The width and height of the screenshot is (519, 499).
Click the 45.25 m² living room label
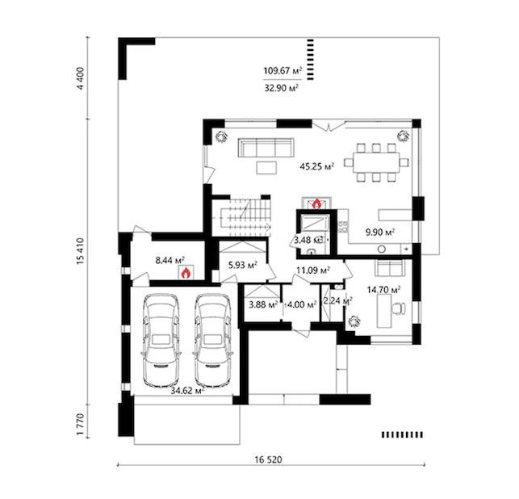tap(316, 166)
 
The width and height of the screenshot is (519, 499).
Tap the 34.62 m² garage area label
tap(187, 391)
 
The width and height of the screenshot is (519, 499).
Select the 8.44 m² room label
tap(170, 260)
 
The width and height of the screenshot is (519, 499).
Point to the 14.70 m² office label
tap(383, 290)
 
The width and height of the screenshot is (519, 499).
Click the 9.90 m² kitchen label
tap(380, 232)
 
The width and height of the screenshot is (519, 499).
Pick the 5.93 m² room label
tap(243, 265)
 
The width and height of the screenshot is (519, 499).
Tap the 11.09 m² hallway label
tap(313, 270)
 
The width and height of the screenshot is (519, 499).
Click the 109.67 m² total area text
tap(283, 71)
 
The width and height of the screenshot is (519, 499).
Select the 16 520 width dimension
tap(269, 459)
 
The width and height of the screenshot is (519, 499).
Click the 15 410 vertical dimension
tap(81, 251)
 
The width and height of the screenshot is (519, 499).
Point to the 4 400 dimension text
tap(81, 78)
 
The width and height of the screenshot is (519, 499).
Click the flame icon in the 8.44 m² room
tap(186, 273)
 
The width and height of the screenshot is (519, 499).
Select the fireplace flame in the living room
tap(316, 203)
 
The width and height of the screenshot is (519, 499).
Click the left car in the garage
tap(161, 340)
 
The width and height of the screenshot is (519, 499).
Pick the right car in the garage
tap(212, 340)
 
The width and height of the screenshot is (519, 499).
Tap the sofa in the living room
tap(266, 148)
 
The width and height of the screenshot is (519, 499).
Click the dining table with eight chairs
tap(376, 162)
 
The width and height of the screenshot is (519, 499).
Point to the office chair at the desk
tap(399, 308)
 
